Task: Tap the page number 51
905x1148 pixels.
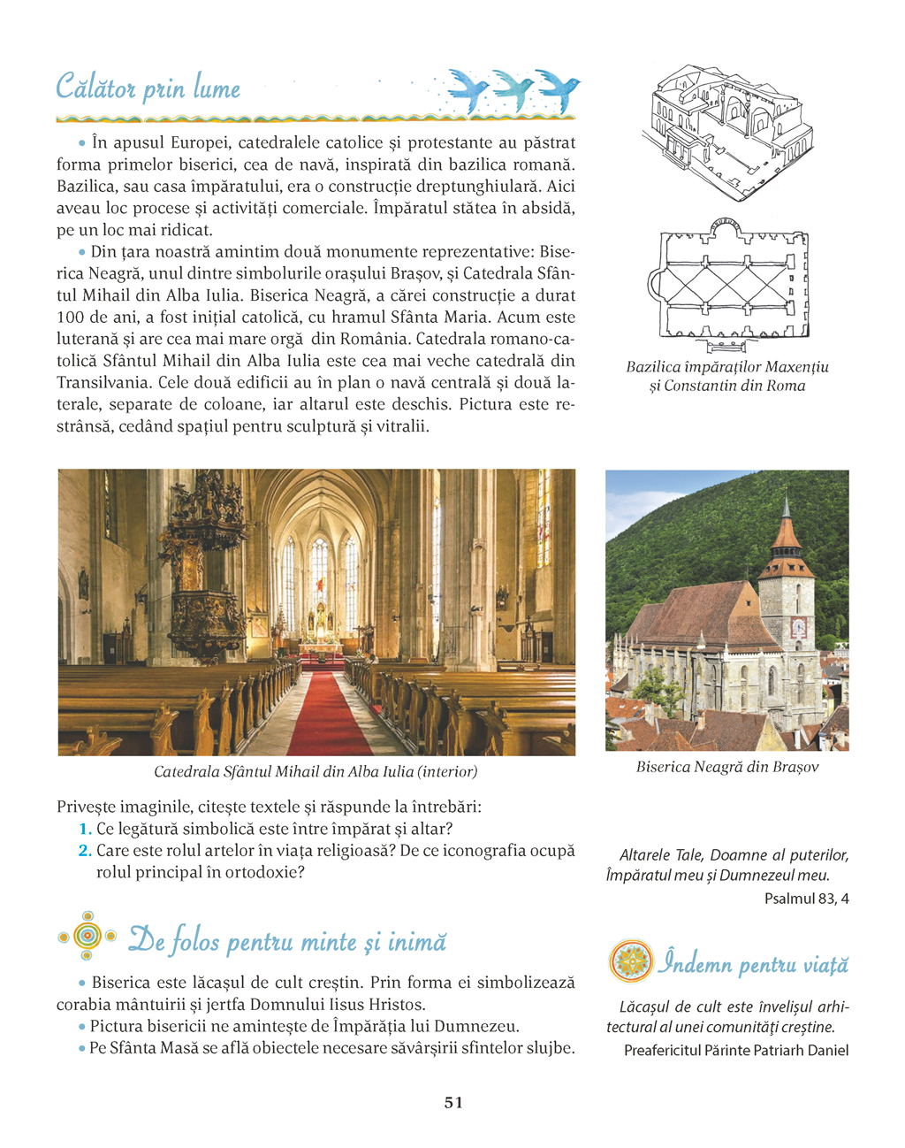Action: tap(453, 1102)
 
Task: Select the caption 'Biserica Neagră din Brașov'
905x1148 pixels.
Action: tap(726, 767)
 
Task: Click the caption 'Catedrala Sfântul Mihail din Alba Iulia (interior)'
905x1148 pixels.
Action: tap(316, 771)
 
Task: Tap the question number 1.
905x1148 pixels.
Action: tap(86, 830)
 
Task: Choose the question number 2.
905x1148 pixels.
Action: tap(85, 851)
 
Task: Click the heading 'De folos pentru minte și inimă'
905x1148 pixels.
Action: tap(287, 940)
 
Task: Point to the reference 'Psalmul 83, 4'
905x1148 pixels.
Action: tap(806, 899)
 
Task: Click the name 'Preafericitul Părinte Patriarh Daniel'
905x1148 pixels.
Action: tap(735, 1051)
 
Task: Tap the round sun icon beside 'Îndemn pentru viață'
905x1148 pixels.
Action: tap(630, 961)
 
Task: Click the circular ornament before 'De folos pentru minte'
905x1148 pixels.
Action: tap(86, 936)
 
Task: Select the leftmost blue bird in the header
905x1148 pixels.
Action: tap(468, 88)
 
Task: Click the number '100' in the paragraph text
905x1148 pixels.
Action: tap(70, 318)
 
